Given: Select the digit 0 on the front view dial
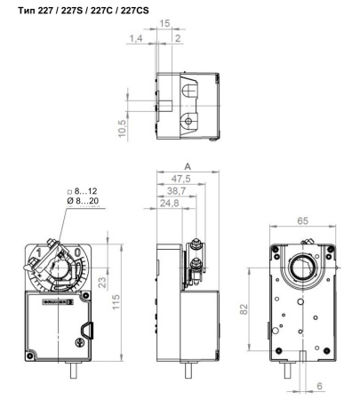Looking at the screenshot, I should pos(80,253).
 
